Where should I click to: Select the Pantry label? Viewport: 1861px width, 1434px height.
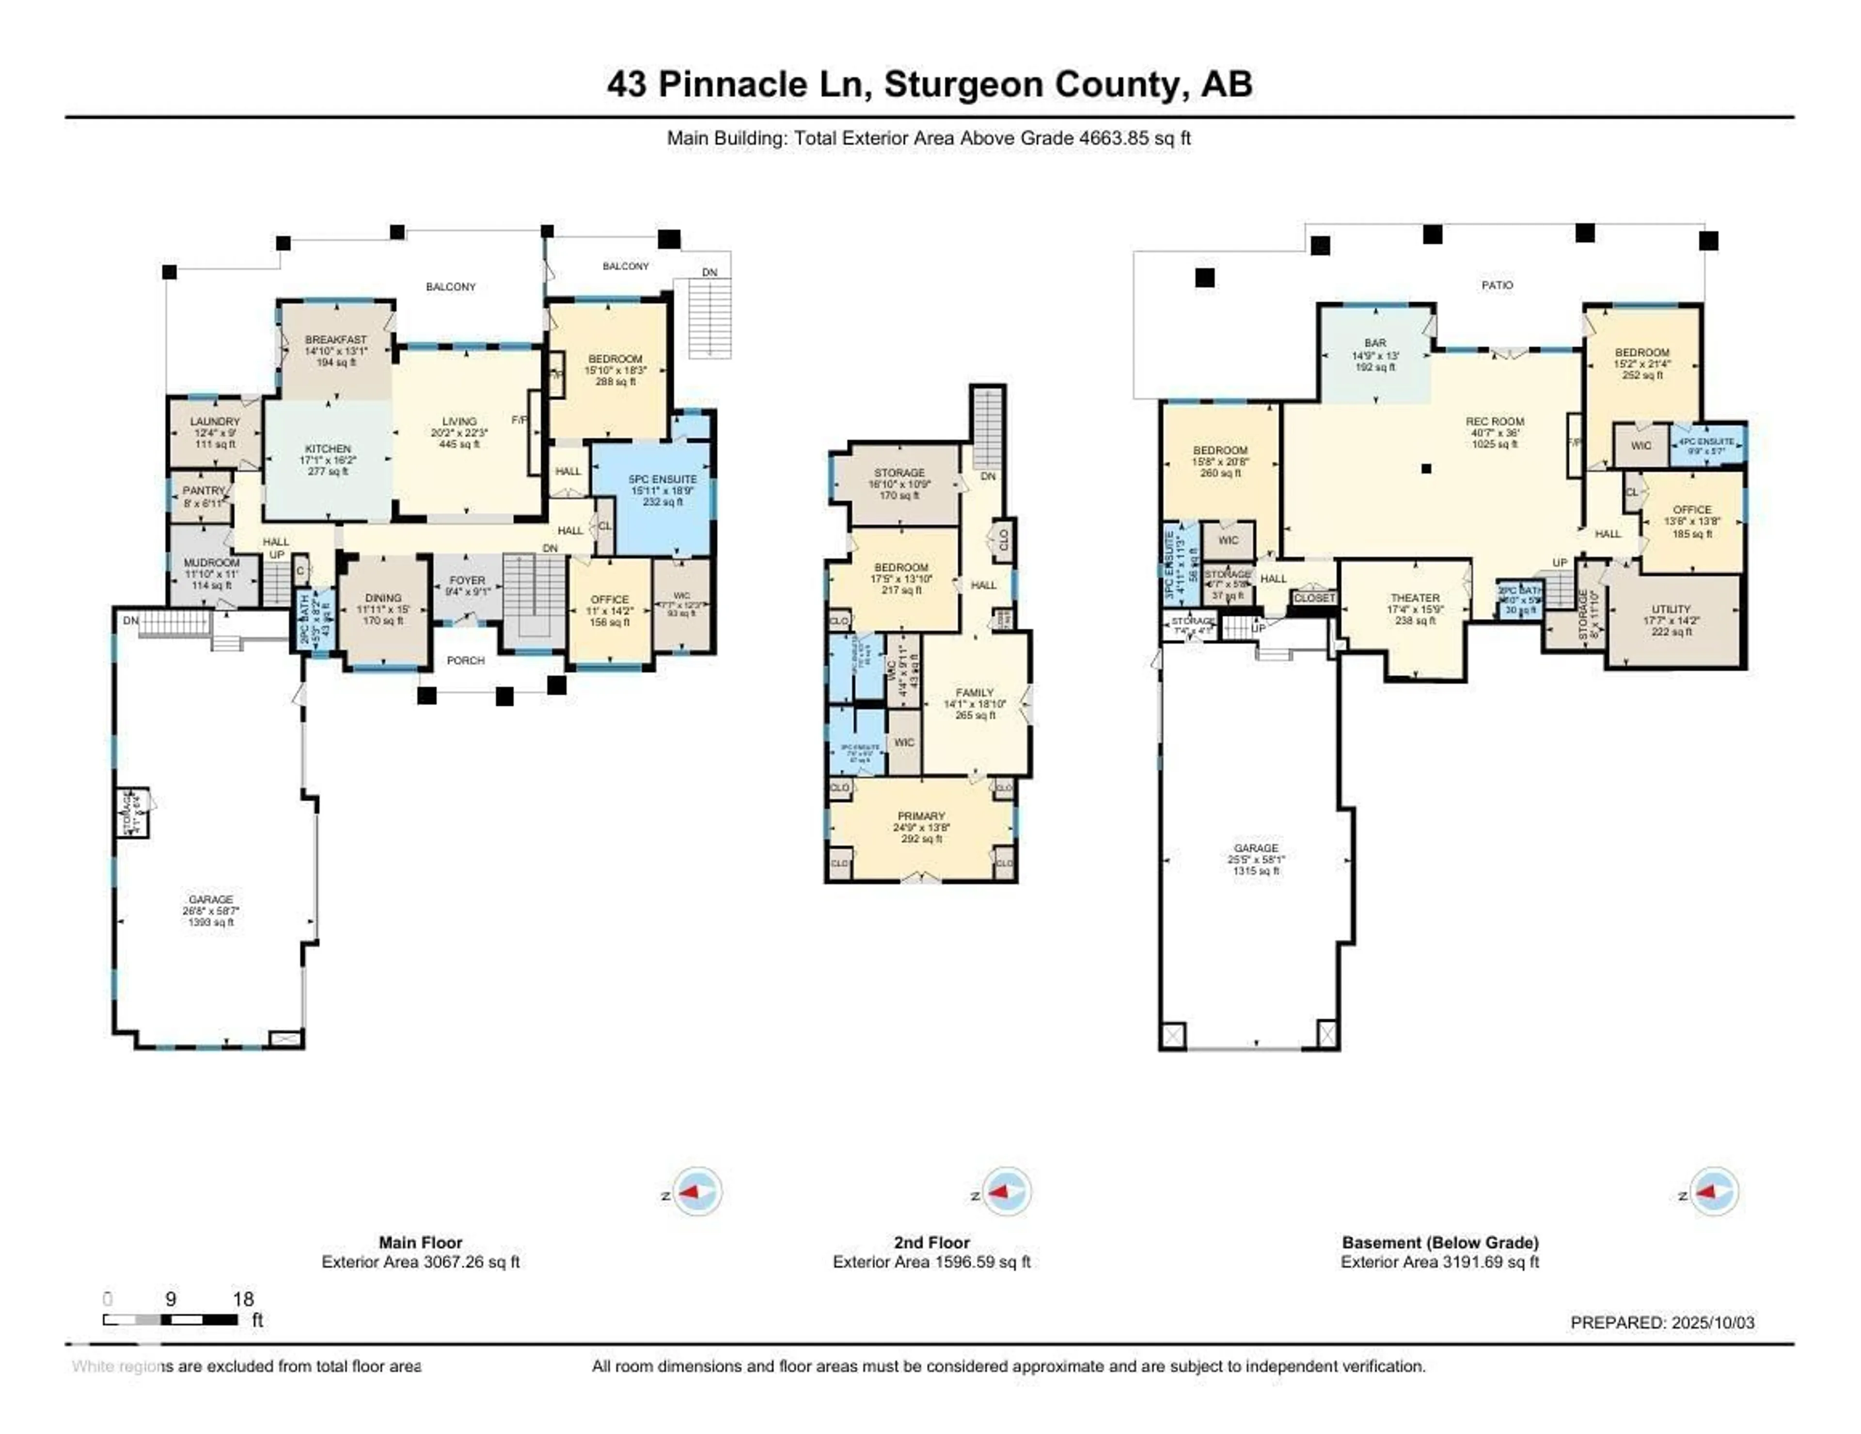(204, 491)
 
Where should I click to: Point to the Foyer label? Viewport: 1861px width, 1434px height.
(467, 580)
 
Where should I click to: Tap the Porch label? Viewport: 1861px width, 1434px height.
(465, 661)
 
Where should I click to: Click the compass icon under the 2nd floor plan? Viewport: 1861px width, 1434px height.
(1006, 1191)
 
